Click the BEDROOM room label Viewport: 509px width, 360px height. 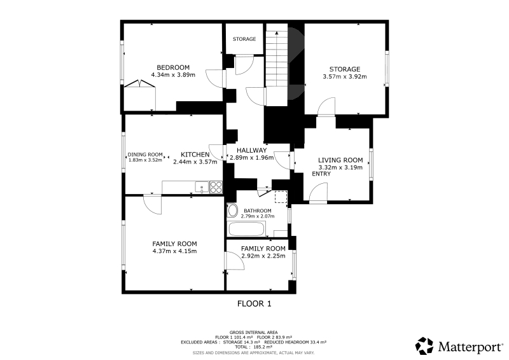pos(173,67)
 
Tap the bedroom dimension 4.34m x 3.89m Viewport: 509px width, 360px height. pos(173,75)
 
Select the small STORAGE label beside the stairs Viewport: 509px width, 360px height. pos(244,39)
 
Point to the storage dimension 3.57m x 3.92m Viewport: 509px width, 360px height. pos(344,76)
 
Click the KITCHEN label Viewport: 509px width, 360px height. pos(195,155)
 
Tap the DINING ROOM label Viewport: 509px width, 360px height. pos(145,155)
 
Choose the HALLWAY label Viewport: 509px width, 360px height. pos(251,150)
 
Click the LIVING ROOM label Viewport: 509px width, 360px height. pos(340,160)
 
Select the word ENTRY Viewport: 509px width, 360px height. pos(321,174)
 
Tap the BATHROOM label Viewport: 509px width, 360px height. pos(258,211)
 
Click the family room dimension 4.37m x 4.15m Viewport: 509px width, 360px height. pos(174,251)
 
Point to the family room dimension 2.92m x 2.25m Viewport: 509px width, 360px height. pos(263,256)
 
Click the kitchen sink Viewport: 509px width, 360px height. pos(202,187)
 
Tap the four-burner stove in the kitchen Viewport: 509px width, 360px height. pos(216,187)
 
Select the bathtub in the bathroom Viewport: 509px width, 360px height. pos(247,229)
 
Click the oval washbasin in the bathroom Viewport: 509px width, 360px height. pos(232,211)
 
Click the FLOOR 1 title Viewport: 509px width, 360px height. pos(254,304)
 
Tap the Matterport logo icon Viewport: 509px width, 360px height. pos(424,346)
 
